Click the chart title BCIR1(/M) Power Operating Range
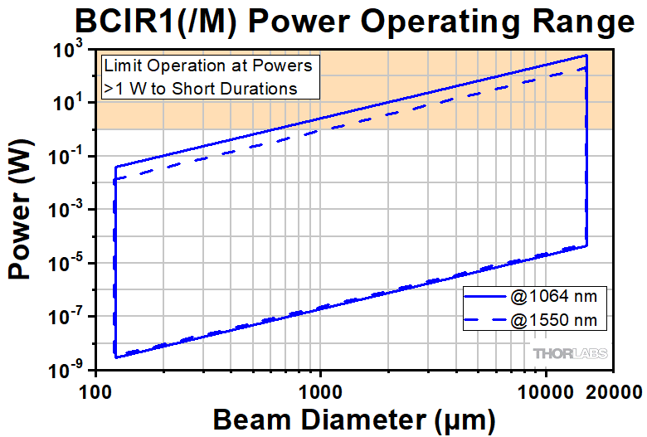323,20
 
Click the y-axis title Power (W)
22,211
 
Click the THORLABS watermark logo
570,353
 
